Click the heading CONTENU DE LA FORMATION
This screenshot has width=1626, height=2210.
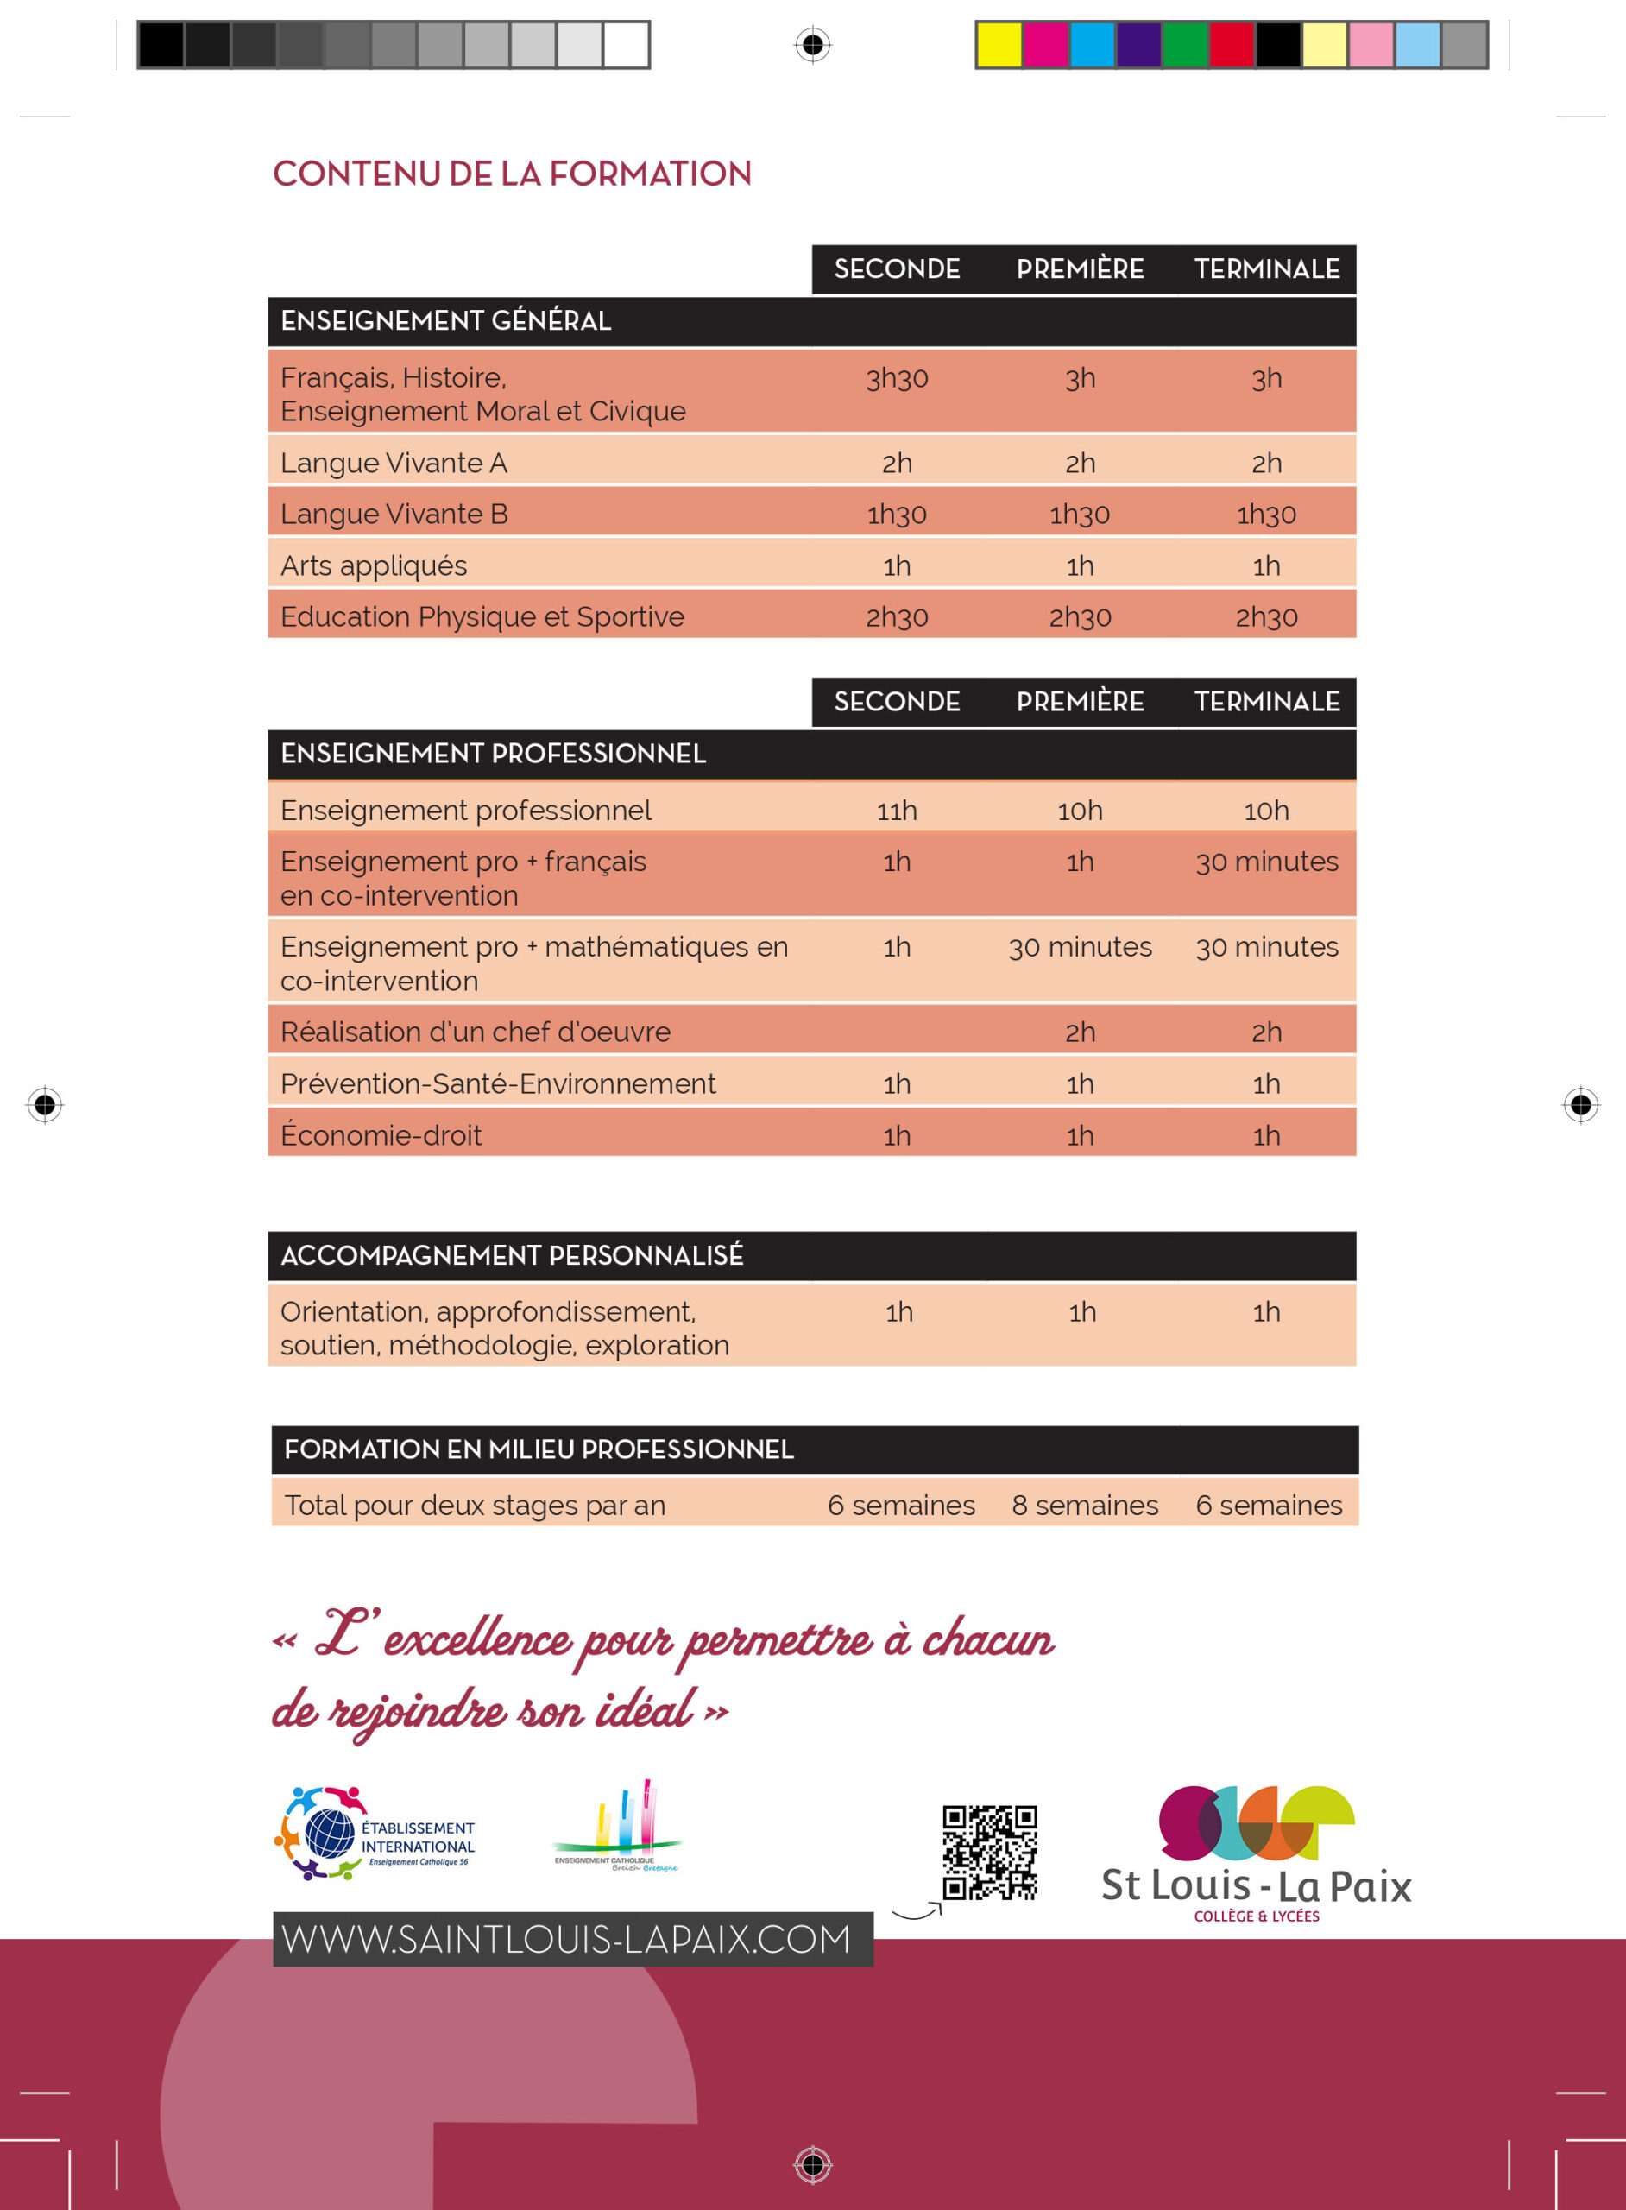(x=512, y=174)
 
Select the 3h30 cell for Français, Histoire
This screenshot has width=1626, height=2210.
(x=897, y=379)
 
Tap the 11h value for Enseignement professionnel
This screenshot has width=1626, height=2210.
(x=897, y=811)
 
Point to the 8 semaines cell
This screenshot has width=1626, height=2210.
(x=1085, y=1506)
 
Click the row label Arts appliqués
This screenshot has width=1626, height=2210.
(x=373, y=566)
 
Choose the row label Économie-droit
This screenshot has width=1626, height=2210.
(x=381, y=1136)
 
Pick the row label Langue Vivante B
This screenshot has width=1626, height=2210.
(x=394, y=515)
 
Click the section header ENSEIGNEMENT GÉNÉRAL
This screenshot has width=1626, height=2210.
(x=446, y=321)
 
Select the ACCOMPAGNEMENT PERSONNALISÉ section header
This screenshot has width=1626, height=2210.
(x=512, y=1256)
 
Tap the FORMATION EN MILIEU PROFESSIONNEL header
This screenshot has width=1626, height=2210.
(x=539, y=1450)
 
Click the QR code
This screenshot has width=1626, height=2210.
(x=989, y=1852)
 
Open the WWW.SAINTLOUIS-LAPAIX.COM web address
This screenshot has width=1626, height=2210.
(x=566, y=1939)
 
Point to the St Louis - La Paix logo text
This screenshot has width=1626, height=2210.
(x=1256, y=1886)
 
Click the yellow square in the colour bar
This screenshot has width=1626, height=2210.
(x=999, y=45)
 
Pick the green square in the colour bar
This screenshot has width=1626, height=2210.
(x=1185, y=45)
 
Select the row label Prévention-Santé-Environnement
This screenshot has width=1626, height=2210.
(x=497, y=1083)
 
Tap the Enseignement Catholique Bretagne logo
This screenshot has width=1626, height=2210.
(x=617, y=1829)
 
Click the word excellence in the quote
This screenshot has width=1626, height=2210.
(x=476, y=1642)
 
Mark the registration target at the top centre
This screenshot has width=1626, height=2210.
(x=813, y=45)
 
